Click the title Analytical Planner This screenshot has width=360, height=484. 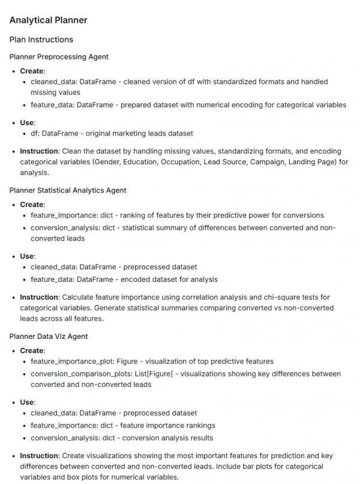tap(48, 20)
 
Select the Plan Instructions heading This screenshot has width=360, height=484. tap(41, 40)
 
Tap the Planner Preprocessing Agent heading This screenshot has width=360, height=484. tap(59, 56)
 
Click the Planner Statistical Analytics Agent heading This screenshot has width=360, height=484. tap(68, 190)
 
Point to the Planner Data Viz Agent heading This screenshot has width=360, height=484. tap(49, 336)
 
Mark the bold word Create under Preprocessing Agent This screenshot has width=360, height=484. tap(32, 71)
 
